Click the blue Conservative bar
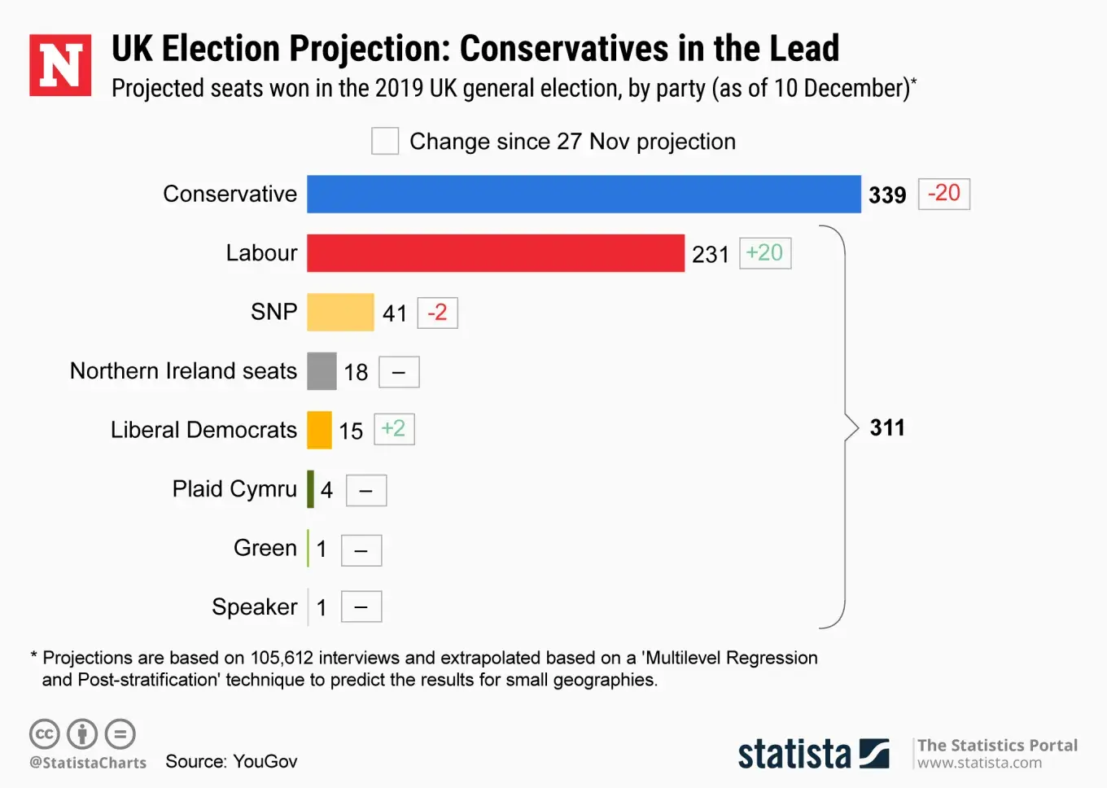584,195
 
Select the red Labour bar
495,253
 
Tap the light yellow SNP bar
340,313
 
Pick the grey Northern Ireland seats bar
322,371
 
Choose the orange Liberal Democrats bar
319,430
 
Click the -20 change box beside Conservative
944,194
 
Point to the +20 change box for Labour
765,253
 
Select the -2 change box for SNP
438,313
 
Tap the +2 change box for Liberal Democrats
394,429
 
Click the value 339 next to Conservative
887,195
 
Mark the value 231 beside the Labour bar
711,255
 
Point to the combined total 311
887,428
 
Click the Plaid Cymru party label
234,489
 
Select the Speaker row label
255,607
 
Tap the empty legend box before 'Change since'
385,141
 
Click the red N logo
60,65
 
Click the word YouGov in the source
265,762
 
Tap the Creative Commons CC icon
44,734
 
